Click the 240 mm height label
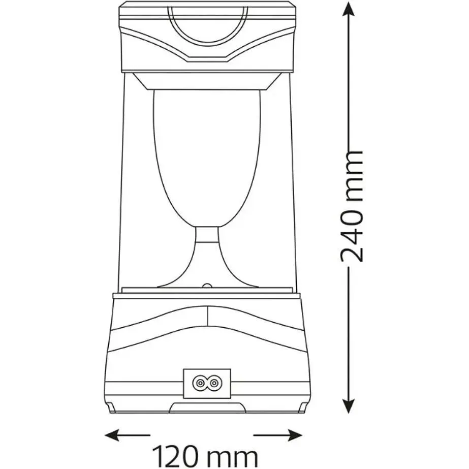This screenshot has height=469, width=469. coord(352,206)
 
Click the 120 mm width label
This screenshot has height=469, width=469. coord(205,457)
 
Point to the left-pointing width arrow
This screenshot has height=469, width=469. coord(128,435)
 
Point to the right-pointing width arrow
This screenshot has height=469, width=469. coord(278,435)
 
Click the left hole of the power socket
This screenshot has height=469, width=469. coord(200,383)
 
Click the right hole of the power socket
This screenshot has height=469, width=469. coord(213,383)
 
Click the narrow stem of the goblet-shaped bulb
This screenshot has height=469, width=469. coord(207,235)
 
